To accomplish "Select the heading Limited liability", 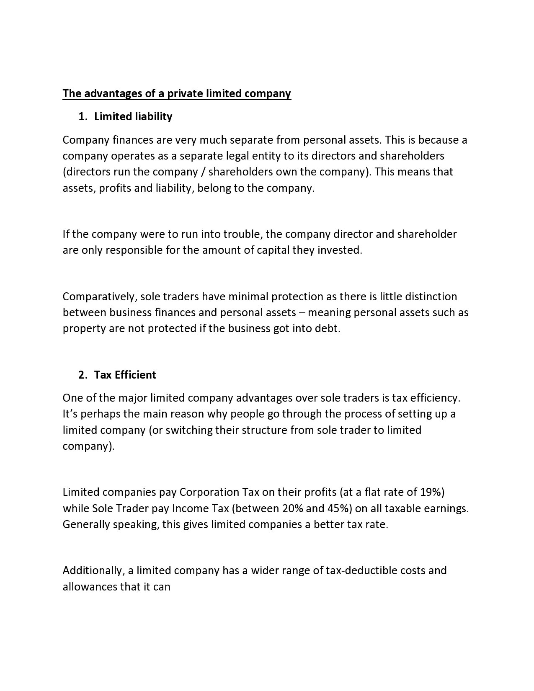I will [133, 116].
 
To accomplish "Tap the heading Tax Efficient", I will [125, 374].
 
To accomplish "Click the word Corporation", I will [209, 492].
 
